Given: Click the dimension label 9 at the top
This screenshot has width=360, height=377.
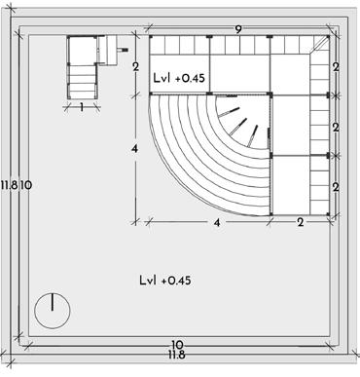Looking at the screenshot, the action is tap(238, 29).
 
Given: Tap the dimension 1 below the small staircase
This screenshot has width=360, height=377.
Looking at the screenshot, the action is tap(82, 107).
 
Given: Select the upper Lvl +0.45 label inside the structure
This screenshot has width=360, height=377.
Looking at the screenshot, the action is tap(179, 78).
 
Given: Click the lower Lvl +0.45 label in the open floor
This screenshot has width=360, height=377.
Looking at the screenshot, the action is tap(165, 280).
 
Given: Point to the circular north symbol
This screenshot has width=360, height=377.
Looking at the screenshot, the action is tap(53, 311).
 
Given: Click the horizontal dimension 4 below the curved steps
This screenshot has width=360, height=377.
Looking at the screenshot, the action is tap(217, 223).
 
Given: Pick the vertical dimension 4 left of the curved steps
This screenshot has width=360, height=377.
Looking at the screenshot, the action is tap(135, 149).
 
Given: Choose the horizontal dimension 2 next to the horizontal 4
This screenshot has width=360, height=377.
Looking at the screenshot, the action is tap(301, 223).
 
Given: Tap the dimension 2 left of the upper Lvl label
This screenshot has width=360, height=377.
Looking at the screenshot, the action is tap(136, 67).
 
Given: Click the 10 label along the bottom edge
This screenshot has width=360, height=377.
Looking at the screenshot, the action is tap(176, 345).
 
